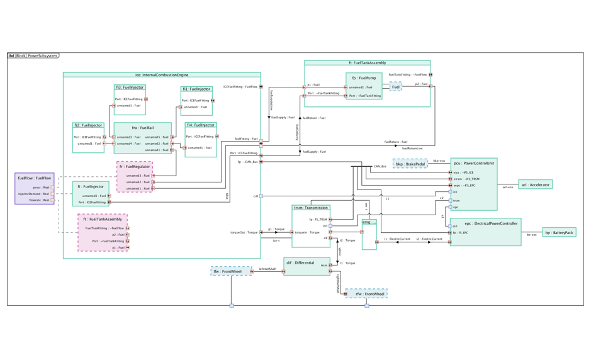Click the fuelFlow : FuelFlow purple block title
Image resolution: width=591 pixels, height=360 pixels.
coord(35,178)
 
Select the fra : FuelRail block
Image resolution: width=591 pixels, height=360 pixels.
coord(143,127)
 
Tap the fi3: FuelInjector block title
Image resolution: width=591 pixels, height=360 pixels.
coord(130,87)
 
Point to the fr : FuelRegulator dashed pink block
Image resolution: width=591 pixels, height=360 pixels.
coord(135,167)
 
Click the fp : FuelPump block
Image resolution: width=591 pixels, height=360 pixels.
coord(364,78)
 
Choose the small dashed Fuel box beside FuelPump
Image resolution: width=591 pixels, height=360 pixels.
coord(395,87)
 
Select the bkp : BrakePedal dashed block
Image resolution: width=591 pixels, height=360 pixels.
coord(410,164)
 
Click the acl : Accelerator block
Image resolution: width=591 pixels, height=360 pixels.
coord(535,184)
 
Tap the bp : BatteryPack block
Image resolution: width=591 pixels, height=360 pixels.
coord(559,232)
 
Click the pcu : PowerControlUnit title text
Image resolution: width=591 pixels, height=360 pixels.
coord(473,162)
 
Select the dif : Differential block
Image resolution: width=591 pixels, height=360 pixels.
coord(301,262)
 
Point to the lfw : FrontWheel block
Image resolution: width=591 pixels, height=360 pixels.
coord(230,271)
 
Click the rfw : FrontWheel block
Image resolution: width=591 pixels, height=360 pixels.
coord(366,294)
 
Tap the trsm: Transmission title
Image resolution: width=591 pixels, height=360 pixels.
coord(311,208)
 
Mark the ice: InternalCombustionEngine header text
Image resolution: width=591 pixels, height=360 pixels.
coord(162,75)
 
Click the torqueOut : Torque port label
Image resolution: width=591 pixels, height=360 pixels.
coord(244,232)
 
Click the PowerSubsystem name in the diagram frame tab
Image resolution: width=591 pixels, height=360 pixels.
coord(42,56)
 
